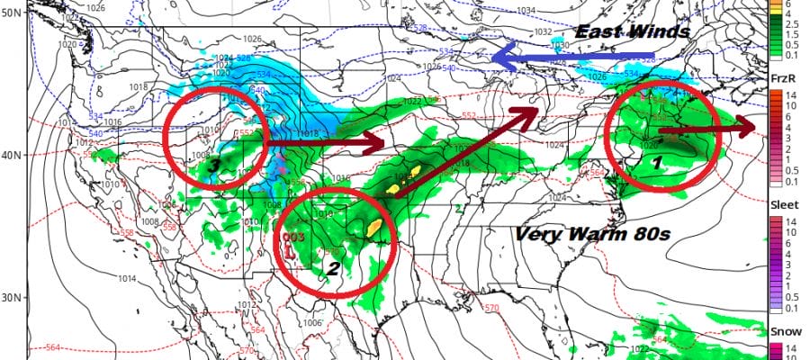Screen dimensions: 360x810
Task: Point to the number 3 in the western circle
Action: [x=213, y=165]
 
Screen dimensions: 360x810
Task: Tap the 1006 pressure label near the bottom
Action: [x=312, y=323]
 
